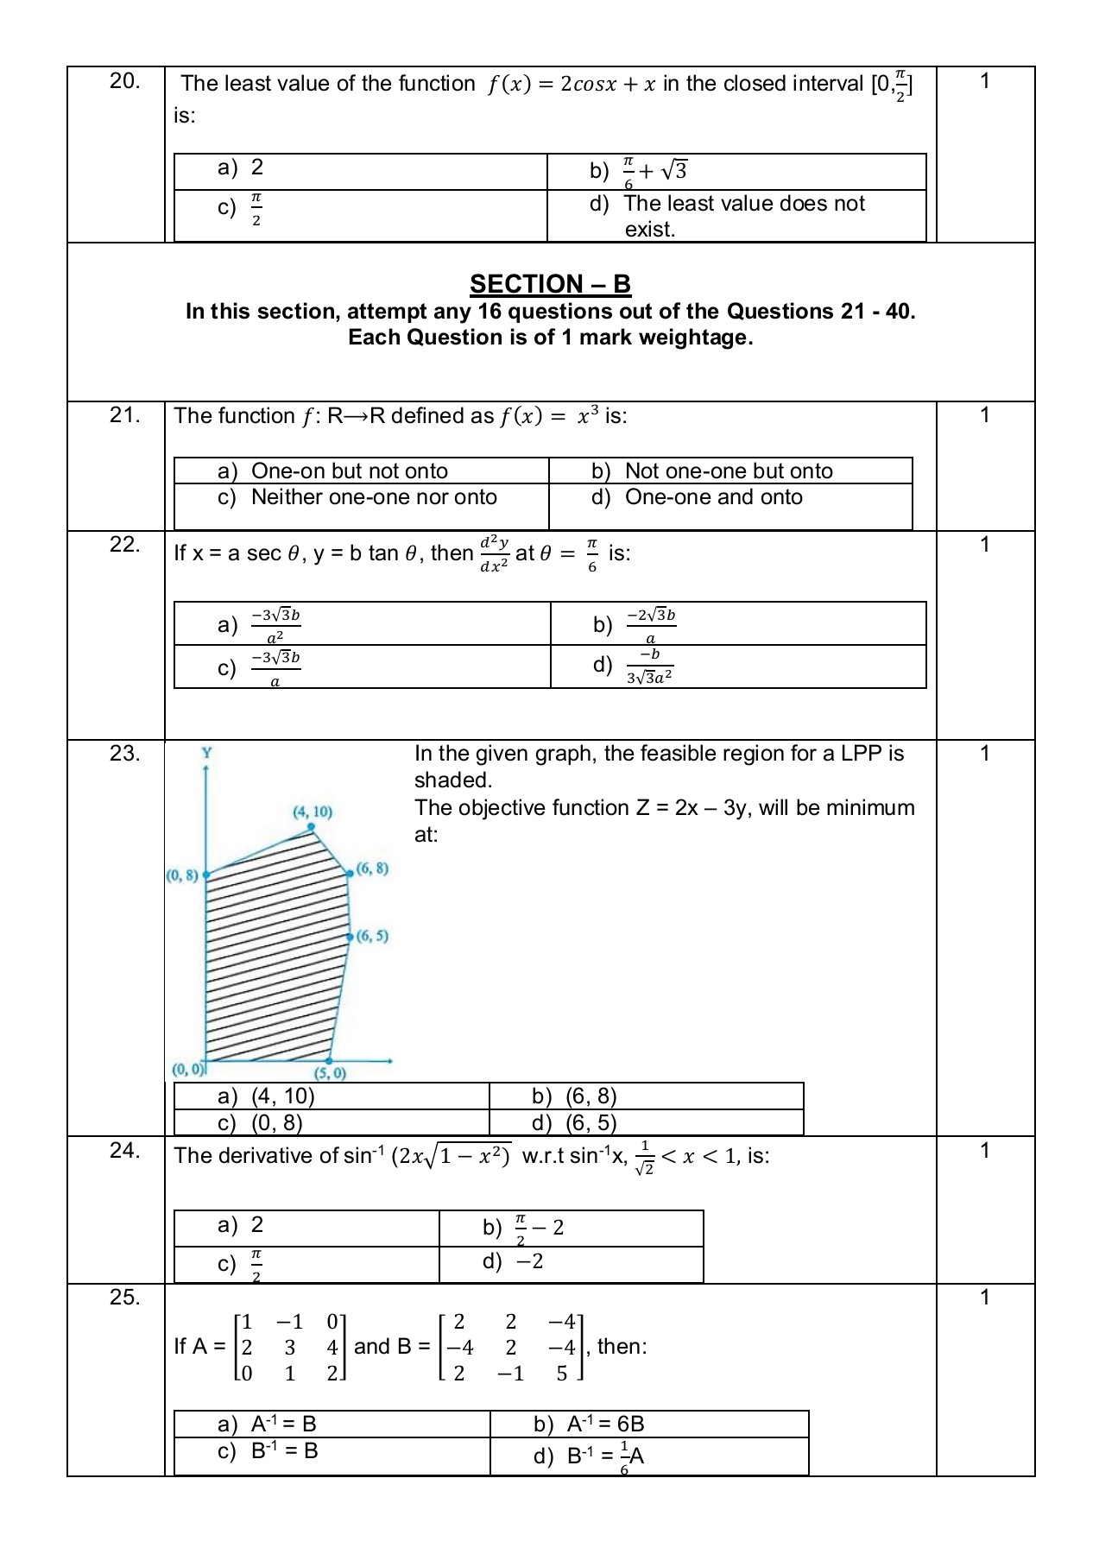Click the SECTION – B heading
550,284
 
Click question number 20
124,81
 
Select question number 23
124,754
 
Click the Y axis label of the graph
206,753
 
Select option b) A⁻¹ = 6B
604,1424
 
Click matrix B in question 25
511,1347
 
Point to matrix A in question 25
290,1347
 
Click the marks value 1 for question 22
984,545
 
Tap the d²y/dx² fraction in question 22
495,553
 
